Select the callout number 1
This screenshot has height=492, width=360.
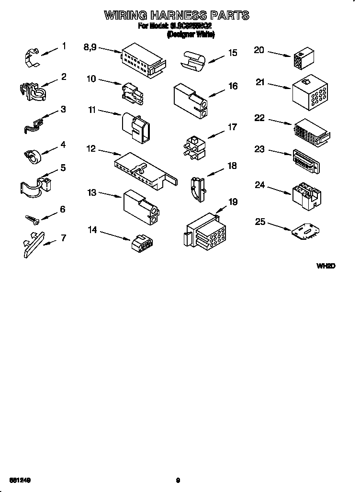coord(64,46)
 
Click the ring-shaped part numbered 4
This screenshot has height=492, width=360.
coord(33,156)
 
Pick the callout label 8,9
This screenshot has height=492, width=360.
coord(90,47)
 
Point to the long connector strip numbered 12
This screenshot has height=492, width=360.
coord(144,168)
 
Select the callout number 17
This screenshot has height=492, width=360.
coord(232,127)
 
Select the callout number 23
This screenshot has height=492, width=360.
coord(259,149)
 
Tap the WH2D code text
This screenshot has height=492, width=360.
coord(325,266)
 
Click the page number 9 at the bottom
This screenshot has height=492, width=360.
coord(178,480)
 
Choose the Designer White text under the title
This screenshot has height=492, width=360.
coord(190,34)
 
